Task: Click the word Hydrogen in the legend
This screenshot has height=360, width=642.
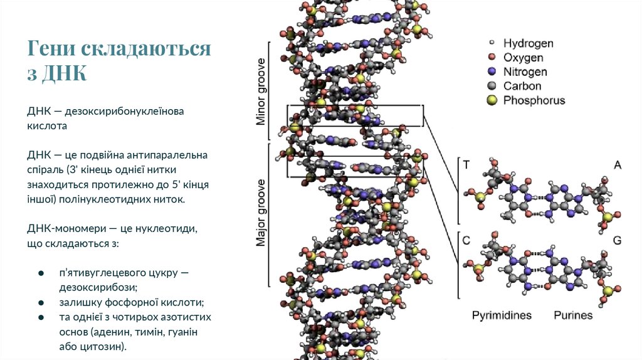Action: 528,43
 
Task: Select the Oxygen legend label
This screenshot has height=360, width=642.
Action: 524,58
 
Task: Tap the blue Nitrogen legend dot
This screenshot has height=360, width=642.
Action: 492,72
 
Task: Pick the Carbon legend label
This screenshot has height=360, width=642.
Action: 522,86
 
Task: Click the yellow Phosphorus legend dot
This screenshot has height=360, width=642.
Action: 492,100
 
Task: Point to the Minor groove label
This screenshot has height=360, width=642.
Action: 261,92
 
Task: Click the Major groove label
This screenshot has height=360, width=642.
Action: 261,213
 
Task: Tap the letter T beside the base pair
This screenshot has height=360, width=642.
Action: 466,165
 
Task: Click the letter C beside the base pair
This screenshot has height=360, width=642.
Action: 466,240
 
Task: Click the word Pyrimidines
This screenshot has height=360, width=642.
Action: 502,315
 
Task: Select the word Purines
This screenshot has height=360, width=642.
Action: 572,315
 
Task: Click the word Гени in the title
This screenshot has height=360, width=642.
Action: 52,49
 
